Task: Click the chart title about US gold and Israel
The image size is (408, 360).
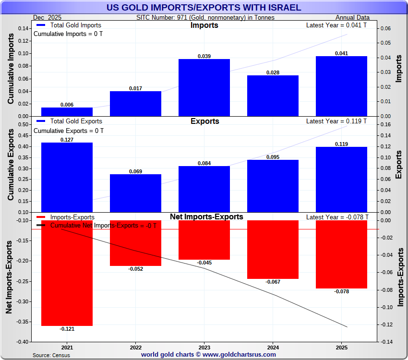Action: [x=204, y=7]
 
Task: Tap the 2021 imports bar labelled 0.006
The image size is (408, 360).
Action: [x=67, y=112]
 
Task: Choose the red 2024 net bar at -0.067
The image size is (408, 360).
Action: [x=273, y=249]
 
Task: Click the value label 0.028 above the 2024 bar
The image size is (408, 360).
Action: [x=273, y=72]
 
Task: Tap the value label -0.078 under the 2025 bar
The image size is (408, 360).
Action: [x=341, y=291]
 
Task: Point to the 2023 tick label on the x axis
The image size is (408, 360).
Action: [x=204, y=347]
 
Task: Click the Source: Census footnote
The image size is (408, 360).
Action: [x=51, y=355]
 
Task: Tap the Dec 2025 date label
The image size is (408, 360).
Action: [x=48, y=18]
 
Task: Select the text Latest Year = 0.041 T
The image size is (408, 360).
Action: [x=336, y=25]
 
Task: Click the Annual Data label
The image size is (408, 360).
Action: [x=356, y=18]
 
